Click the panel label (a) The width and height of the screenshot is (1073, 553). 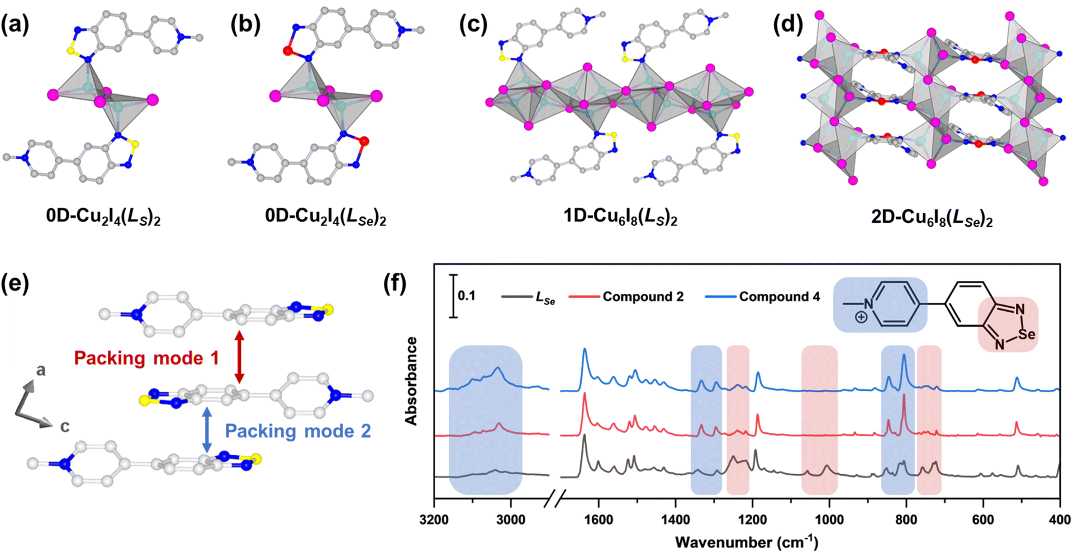(x=15, y=25)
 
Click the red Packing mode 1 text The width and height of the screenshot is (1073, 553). (x=146, y=357)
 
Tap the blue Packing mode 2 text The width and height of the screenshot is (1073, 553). (x=297, y=431)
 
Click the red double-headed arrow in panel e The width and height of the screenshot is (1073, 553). (x=239, y=357)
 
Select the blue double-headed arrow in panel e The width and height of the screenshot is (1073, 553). (x=207, y=430)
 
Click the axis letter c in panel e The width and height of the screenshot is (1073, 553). (x=65, y=427)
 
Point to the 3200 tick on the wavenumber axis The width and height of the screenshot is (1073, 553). (x=434, y=519)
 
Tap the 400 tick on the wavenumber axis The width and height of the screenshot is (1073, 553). (x=1060, y=519)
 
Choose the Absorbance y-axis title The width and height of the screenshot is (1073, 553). (x=412, y=381)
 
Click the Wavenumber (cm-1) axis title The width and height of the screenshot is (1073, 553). (x=747, y=542)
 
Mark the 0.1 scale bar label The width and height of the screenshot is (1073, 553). (x=466, y=295)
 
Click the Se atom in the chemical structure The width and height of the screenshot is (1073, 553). (x=1027, y=334)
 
